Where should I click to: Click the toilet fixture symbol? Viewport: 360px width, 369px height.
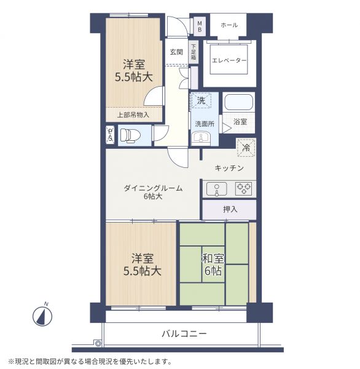pos(130,136)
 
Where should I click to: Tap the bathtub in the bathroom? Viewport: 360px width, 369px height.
pos(238,102)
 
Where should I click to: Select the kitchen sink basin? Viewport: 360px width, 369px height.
pos(217,189)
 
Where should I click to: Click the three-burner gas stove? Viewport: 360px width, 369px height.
pos(244,189)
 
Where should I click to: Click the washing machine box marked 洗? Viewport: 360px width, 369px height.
pos(201,100)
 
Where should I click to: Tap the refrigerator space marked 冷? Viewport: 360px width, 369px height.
pos(246,148)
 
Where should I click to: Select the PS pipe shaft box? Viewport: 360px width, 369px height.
pos(110,134)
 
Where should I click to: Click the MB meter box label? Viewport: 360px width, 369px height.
pos(200,26)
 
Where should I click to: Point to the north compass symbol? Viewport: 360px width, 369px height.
pos(42,315)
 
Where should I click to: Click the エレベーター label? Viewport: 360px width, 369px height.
pos(229,60)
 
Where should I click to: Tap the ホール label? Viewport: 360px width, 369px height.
pos(229,25)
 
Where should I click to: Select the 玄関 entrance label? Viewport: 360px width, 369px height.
pos(176,52)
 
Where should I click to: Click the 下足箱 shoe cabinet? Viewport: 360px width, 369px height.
pos(194,52)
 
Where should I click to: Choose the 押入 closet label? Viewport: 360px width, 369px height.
pos(230,209)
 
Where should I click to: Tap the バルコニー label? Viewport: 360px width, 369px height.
pos(184,333)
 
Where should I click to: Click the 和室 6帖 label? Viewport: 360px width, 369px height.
pos(213,264)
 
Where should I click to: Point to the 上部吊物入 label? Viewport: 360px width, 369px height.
pos(133,115)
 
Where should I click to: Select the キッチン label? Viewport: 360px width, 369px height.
pos(229,168)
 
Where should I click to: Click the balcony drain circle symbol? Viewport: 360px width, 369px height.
pos(98,344)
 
